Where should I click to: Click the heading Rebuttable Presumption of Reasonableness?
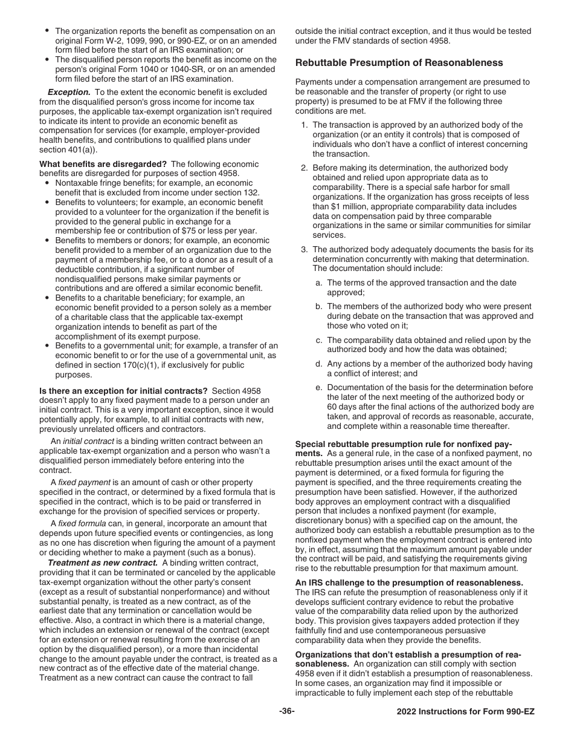[399, 63]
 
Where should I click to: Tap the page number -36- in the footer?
[287, 711]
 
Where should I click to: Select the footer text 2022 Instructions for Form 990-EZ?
[465, 712]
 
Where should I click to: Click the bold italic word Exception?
[69, 92]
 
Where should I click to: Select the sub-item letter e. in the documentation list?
[318, 388]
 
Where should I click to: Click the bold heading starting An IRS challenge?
[409, 582]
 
